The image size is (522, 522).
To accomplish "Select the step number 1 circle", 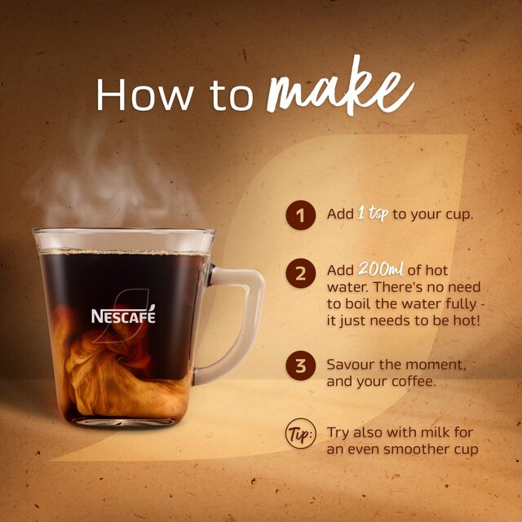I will click(x=300, y=215).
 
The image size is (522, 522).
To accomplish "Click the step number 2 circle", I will click(x=300, y=274).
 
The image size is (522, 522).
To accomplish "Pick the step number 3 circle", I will click(x=300, y=366).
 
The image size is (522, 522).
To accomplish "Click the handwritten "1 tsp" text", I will click(x=373, y=215).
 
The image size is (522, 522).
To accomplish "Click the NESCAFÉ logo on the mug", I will click(x=122, y=315).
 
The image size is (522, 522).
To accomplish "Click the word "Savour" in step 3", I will click(x=352, y=363).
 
